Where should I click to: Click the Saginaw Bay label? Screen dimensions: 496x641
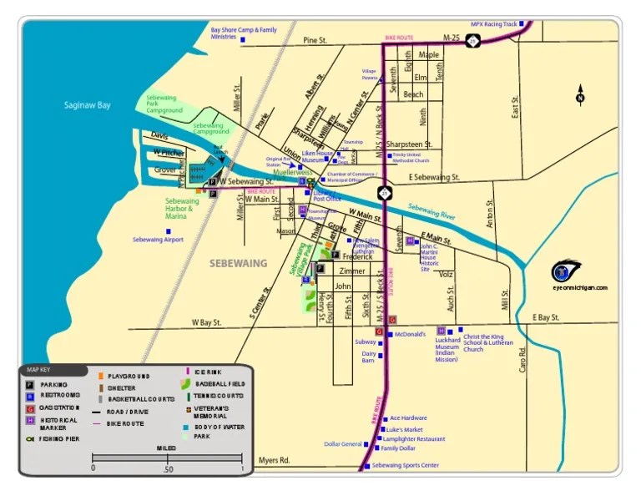click(x=87, y=105)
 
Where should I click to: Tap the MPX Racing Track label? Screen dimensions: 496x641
click(x=493, y=24)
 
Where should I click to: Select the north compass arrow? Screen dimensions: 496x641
click(x=581, y=94)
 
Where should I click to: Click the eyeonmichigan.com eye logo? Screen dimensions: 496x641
click(x=568, y=271)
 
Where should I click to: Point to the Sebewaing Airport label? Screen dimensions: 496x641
click(x=158, y=240)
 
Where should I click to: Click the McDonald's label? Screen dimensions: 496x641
click(x=410, y=334)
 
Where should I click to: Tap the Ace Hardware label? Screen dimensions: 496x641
click(x=408, y=418)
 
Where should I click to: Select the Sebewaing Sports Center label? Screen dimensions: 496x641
click(x=405, y=465)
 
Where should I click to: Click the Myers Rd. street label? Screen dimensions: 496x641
click(x=273, y=460)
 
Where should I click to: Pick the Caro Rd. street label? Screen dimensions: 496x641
click(x=523, y=359)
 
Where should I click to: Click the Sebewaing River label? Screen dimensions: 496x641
click(x=432, y=211)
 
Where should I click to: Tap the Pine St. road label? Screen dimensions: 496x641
click(x=315, y=40)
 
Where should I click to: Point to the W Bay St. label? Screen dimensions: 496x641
click(x=206, y=321)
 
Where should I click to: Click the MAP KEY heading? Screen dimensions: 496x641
click(x=38, y=369)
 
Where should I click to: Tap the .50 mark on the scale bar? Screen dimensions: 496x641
click(x=169, y=469)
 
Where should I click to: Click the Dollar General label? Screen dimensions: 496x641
click(x=342, y=444)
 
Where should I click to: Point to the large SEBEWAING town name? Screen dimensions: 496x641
click(x=238, y=263)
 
